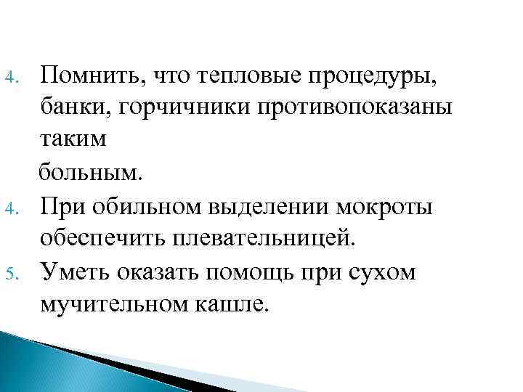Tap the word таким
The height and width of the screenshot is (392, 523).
click(73, 140)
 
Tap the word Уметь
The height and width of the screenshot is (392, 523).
click(75, 273)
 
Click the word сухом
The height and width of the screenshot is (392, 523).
click(383, 273)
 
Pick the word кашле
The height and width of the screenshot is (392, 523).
click(234, 306)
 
